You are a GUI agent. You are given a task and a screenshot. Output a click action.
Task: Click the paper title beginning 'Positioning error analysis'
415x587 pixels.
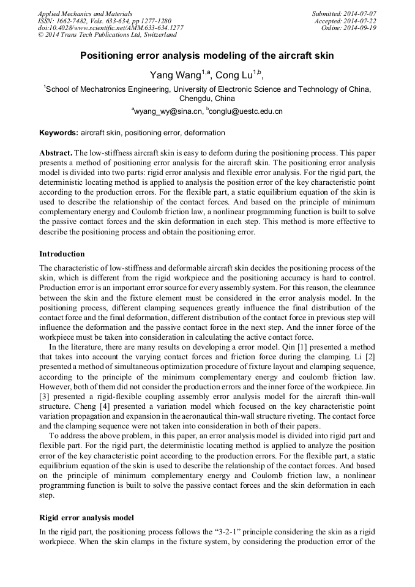(x=207, y=56)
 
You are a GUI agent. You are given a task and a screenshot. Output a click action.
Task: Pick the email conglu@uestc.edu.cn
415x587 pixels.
(x=246, y=111)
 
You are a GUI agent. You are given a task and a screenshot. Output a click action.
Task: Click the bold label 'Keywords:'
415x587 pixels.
(x=59, y=133)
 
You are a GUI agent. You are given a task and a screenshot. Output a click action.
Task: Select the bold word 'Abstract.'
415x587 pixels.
(x=56, y=152)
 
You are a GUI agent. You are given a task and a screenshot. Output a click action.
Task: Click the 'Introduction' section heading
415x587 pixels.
(x=62, y=254)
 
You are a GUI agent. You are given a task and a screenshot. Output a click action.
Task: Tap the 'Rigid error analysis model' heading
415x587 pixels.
(x=86, y=518)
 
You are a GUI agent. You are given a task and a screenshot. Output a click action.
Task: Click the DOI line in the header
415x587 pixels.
(x=110, y=28)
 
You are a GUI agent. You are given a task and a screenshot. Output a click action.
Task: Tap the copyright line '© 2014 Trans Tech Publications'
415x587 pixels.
(x=107, y=35)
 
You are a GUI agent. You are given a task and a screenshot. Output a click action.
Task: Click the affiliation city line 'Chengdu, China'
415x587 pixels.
(x=207, y=98)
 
